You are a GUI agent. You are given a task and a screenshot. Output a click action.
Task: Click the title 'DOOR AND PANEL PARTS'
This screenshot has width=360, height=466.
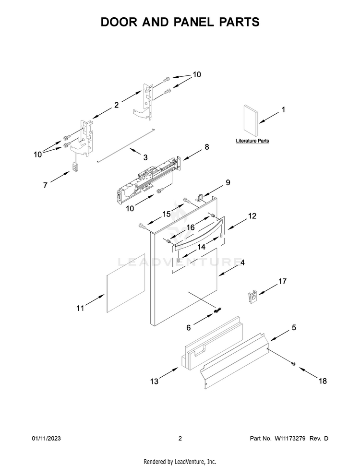tap(180, 22)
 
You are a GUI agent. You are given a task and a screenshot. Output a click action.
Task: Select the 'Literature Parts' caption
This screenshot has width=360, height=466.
tap(252, 141)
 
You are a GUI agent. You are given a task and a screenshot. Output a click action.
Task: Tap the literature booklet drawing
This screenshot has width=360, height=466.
tap(251, 120)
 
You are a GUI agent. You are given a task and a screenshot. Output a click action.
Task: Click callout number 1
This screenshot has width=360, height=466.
tap(283, 110)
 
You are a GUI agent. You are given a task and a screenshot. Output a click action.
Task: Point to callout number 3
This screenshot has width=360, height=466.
tap(145, 157)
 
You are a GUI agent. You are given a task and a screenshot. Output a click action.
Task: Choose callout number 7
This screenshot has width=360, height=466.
tap(45, 185)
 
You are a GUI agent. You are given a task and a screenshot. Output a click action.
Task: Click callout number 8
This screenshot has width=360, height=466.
tap(207, 147)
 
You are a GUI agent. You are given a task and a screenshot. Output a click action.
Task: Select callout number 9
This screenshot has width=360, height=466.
tap(228, 182)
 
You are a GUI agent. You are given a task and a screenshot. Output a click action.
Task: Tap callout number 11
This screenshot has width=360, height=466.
tap(80, 308)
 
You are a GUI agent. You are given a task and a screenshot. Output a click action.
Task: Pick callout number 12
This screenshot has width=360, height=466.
tap(252, 216)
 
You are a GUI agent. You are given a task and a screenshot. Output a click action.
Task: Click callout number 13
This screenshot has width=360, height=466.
tap(154, 382)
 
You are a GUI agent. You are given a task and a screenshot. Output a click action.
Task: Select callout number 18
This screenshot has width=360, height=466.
tap(323, 381)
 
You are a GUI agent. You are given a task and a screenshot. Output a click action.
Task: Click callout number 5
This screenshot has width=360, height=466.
tap(294, 328)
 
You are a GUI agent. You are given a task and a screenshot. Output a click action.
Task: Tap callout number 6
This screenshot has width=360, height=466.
tap(189, 328)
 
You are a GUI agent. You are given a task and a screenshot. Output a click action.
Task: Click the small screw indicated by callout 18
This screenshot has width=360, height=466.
tap(293, 365)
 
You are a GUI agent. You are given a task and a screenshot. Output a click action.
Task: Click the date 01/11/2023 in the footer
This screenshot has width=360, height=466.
tap(47, 439)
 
